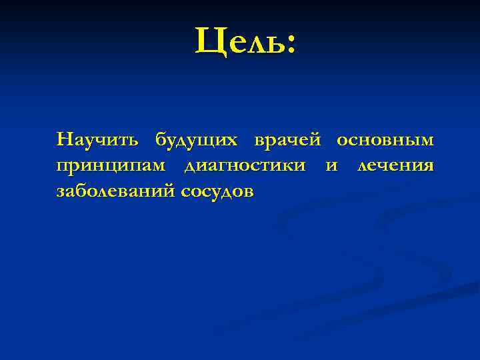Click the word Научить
99,140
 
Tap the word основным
385,140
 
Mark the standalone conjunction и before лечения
331,165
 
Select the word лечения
395,165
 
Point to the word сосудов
217,191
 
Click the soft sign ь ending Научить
133,141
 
